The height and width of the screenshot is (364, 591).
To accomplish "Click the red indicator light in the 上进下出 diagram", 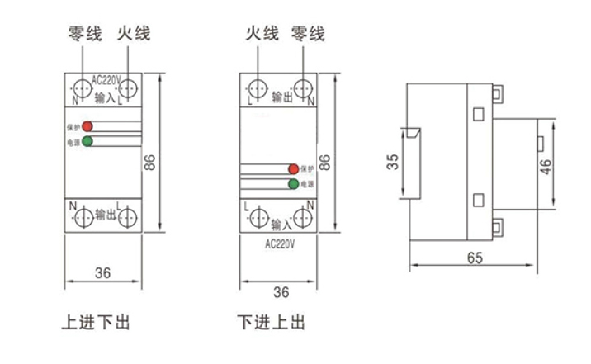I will click(87, 127).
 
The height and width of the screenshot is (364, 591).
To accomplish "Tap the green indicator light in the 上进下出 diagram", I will click(87, 141).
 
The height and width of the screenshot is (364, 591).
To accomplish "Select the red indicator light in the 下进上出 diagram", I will click(293, 169).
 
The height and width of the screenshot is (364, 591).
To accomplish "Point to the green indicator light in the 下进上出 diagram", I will click(293, 182).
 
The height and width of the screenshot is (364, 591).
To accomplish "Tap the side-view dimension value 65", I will click(474, 257).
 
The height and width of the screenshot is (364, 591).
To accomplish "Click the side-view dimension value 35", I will click(393, 163).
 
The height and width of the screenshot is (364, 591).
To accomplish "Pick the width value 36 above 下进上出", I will click(281, 291).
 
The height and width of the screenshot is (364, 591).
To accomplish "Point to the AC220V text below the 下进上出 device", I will click(281, 245).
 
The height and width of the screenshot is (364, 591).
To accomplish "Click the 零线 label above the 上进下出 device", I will click(84, 34).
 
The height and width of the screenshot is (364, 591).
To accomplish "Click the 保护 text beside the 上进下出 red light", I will click(73, 128).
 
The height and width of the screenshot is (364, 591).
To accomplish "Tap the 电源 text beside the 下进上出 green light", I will click(307, 183).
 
